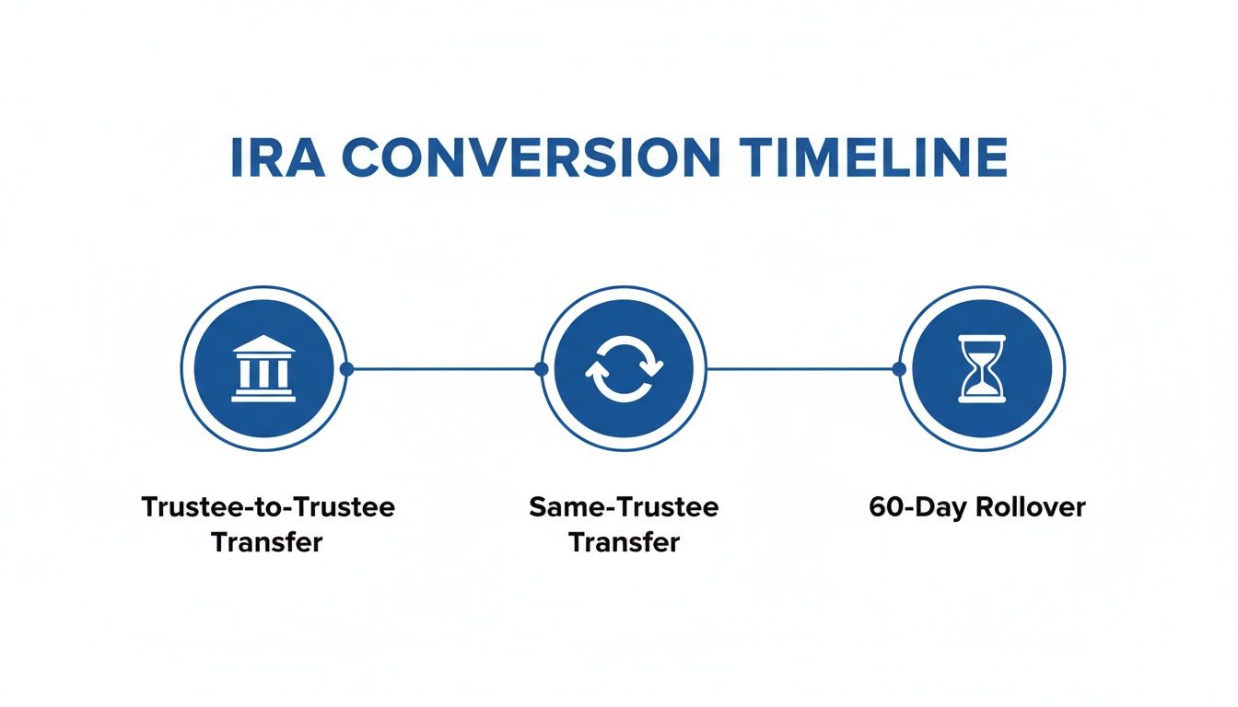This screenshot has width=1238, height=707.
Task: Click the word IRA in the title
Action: pyautogui.click(x=277, y=158)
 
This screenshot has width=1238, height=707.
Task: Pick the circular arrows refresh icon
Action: pyautogui.click(x=624, y=368)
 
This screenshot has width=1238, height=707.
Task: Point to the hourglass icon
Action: pyautogui.click(x=982, y=368)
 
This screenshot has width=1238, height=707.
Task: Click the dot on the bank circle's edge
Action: pyautogui.click(x=346, y=368)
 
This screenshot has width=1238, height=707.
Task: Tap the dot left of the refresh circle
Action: pyautogui.click(x=541, y=368)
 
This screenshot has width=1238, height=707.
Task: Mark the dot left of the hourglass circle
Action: pyautogui.click(x=900, y=368)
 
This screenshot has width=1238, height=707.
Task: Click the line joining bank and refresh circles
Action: pyautogui.click(x=443, y=368)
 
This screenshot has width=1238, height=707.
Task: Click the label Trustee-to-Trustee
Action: pyautogui.click(x=268, y=507)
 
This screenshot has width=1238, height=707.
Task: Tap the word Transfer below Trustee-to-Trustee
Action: pyautogui.click(x=267, y=541)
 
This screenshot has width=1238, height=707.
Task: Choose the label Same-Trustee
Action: pyautogui.click(x=624, y=507)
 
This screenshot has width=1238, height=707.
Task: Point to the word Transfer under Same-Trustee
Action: pyautogui.click(x=624, y=541)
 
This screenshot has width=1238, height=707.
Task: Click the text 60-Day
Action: pyautogui.click(x=912, y=507)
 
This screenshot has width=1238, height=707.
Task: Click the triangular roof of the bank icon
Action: pyautogui.click(x=263, y=345)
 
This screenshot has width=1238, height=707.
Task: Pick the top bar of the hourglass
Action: pyautogui.click(x=982, y=340)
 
